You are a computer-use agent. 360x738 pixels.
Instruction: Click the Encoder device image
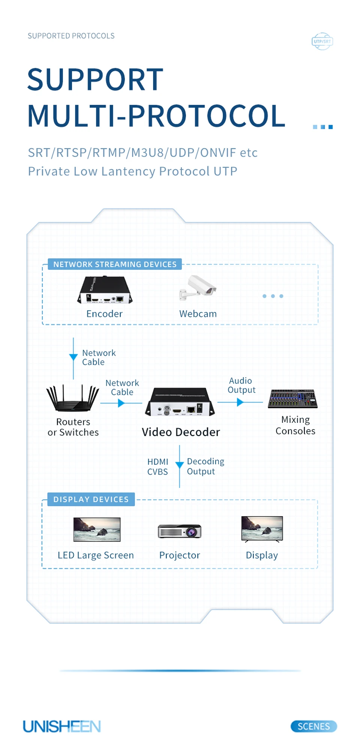[x=105, y=290]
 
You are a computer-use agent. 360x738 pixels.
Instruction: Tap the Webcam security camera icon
[x=198, y=288]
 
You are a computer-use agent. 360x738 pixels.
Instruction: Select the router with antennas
[x=73, y=398]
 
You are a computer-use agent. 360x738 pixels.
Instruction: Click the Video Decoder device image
[x=180, y=402]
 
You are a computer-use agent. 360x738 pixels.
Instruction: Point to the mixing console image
[x=292, y=399]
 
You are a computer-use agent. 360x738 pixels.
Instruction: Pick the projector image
[x=180, y=531]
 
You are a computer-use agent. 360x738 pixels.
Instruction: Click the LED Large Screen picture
[x=97, y=529]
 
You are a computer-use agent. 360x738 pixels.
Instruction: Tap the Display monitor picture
[x=262, y=529]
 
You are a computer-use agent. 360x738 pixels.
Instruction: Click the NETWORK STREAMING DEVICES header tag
[x=115, y=264]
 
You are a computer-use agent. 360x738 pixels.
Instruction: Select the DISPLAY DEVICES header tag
[x=91, y=499]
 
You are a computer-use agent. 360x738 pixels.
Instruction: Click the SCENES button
[x=313, y=726]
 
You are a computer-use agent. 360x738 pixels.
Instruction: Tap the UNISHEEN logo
[x=62, y=726]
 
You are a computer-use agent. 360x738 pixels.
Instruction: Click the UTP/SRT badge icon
[x=322, y=41]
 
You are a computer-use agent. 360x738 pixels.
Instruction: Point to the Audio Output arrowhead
[x=240, y=402]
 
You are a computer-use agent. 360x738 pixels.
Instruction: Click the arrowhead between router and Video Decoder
[x=121, y=403]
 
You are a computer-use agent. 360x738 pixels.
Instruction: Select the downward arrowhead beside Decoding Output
[x=180, y=465]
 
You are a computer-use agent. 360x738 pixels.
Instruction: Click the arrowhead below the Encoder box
[x=73, y=357]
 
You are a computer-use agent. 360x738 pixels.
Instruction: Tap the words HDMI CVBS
[x=157, y=467]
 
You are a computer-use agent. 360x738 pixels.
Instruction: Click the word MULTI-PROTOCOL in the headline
[x=156, y=116]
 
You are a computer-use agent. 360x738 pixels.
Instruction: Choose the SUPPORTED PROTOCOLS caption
[x=71, y=36]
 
